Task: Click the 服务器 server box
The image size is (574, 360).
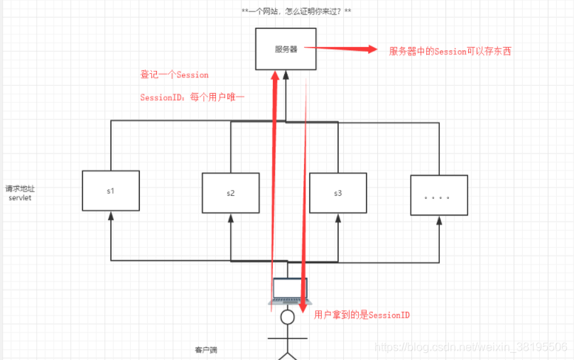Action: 285,49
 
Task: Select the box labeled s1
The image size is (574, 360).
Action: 111,190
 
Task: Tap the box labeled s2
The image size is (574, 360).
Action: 231,193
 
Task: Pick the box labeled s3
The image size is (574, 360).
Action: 337,192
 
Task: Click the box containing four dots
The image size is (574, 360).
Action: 438,195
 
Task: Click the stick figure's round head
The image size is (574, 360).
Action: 287,317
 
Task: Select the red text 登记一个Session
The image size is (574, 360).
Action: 174,75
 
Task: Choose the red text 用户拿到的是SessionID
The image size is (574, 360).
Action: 362,315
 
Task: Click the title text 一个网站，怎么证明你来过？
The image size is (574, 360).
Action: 296,11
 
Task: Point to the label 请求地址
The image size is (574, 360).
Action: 19,188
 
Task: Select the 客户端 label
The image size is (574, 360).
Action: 207,349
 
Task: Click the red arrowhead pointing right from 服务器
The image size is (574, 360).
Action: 370,49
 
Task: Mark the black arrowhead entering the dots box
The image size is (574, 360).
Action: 439,220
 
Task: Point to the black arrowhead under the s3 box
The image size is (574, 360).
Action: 337,218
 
